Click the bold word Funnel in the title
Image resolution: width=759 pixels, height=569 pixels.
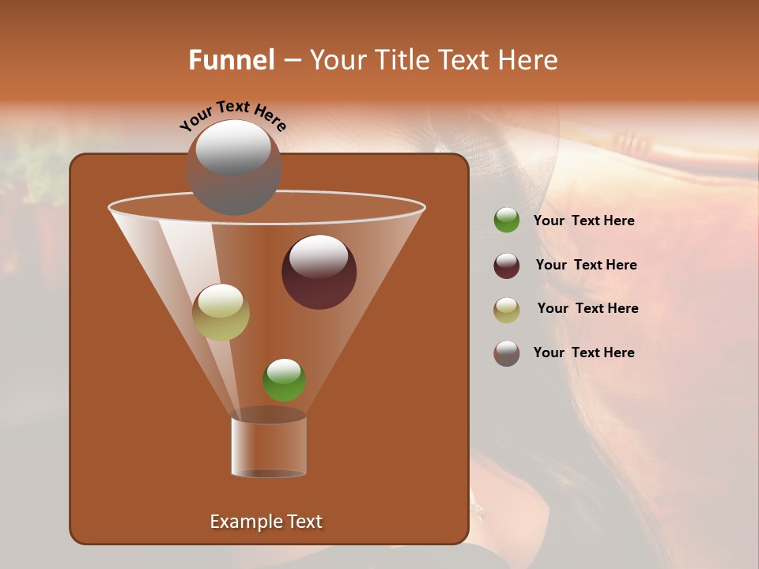231,60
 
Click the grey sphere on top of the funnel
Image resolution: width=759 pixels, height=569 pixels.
234,168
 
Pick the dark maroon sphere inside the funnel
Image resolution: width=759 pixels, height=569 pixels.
319,272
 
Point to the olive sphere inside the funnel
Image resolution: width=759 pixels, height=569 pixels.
221,312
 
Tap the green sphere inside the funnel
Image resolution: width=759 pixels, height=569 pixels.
284,380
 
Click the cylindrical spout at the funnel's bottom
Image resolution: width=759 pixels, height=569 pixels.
269,447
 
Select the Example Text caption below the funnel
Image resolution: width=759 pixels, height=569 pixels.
266,522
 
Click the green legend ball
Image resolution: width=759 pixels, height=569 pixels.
507,220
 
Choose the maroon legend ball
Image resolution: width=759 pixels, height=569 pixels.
507,266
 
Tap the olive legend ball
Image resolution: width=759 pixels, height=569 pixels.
507,310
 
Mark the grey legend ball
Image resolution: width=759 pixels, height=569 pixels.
507,353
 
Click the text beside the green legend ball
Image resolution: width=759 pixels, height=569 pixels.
583,221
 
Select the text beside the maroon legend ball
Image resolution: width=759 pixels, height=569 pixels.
586,265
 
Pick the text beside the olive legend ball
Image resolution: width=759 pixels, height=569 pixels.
587,308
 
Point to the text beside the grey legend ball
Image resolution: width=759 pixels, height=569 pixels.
583,352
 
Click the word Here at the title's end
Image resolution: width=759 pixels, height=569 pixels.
529,60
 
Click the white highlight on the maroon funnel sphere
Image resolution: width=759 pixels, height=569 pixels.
319,257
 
